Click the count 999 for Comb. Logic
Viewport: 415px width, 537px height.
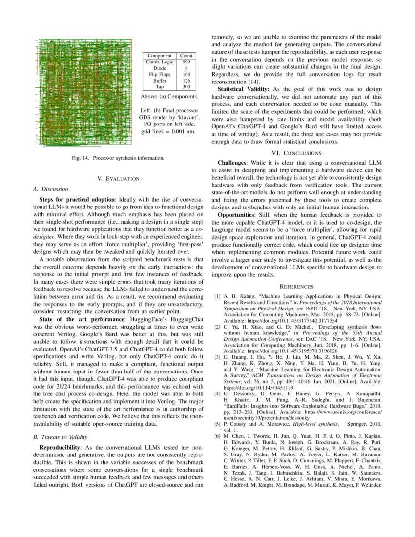pos(186,62)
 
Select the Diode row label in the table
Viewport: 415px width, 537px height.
pos(160,68)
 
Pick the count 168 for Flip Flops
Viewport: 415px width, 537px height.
pos(186,74)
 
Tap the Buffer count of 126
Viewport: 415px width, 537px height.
pos(186,80)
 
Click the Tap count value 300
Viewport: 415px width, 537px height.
pos(186,86)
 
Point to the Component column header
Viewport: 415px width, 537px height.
pos(160,56)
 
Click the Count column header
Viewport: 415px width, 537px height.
pos(186,56)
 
